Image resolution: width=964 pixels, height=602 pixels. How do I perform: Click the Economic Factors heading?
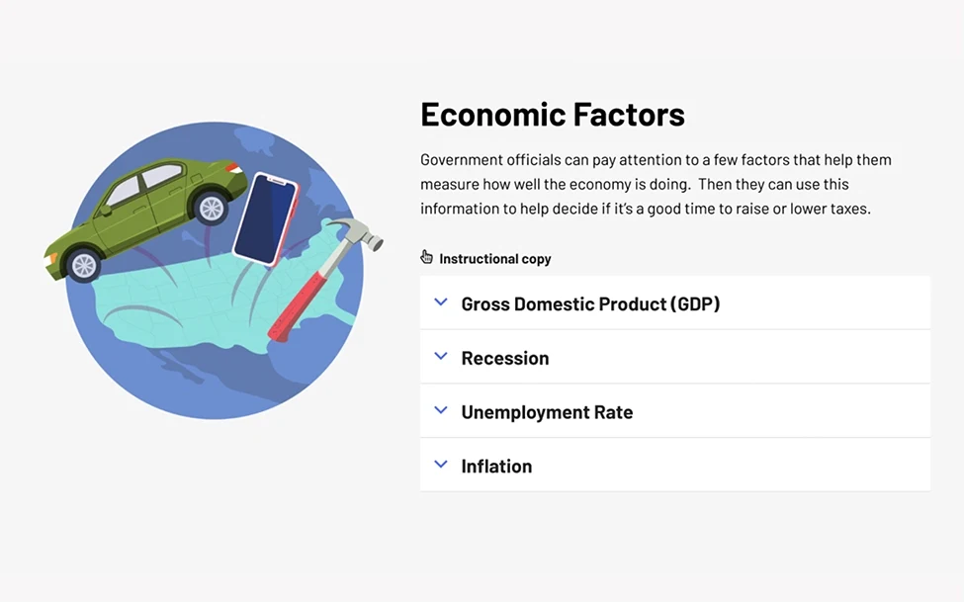coord(552,115)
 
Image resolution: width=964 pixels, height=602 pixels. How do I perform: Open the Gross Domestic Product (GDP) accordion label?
coord(590,303)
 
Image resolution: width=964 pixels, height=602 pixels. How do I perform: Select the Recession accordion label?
coord(505,358)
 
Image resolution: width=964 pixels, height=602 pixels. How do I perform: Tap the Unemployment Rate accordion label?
coord(547,412)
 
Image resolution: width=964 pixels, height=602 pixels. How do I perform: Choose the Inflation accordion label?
coord(496,467)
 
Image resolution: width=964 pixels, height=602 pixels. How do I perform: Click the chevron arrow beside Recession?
coord(441,356)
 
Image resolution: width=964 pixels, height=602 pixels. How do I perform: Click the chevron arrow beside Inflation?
coord(441,465)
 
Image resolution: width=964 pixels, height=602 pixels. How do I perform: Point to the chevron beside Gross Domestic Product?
coord(441,301)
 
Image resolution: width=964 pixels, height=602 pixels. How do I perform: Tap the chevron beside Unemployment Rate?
coord(441,410)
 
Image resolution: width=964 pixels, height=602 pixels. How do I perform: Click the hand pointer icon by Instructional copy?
coord(427,257)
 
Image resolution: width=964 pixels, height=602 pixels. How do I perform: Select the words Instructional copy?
coord(495,259)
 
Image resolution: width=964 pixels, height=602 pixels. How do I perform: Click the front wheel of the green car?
coord(84,264)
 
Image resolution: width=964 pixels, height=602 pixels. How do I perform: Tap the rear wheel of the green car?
coord(212,209)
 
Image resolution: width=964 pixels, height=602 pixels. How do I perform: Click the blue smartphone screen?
coord(266,219)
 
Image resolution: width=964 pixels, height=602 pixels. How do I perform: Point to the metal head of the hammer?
coord(357,234)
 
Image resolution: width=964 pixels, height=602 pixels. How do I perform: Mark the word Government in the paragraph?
coord(461,160)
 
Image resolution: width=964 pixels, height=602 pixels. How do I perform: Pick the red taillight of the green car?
coord(233,167)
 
